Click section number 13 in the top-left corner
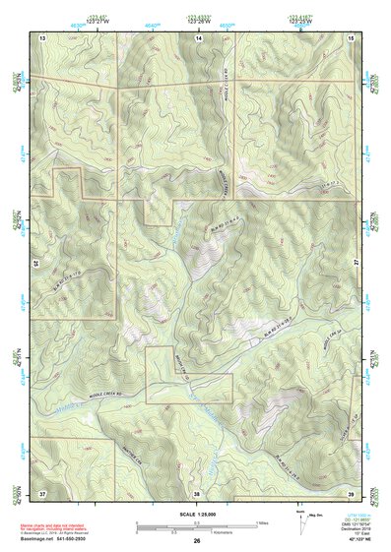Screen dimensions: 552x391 pos(42,36)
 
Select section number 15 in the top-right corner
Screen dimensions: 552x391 pos(352,36)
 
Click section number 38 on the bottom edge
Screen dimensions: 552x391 pos(196,491)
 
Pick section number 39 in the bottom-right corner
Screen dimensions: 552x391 pos(352,491)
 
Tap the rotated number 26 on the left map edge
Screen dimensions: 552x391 pos(37,264)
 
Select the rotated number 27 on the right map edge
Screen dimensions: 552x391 pos(357,258)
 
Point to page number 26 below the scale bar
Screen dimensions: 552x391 pos(196,541)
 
